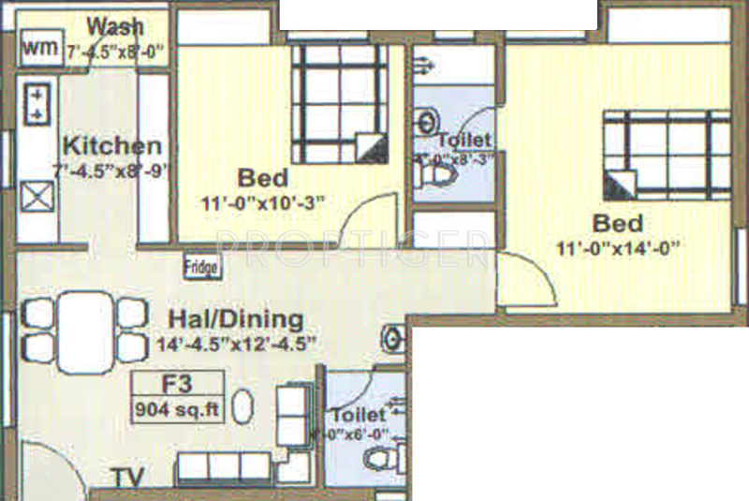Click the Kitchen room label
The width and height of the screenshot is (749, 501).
[x=111, y=146]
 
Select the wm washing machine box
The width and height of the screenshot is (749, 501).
[x=38, y=46]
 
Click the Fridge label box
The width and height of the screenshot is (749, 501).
[x=201, y=268]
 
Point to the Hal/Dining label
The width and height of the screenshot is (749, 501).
[x=235, y=318]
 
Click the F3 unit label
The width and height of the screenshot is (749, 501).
[x=178, y=383]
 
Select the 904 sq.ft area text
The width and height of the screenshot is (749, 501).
[x=178, y=409]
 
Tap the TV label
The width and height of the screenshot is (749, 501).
[x=128, y=478]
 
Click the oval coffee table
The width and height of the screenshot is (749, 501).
[x=243, y=407]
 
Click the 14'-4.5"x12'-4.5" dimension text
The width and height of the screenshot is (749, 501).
[x=235, y=344]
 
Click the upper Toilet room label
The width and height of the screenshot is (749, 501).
[x=465, y=140]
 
